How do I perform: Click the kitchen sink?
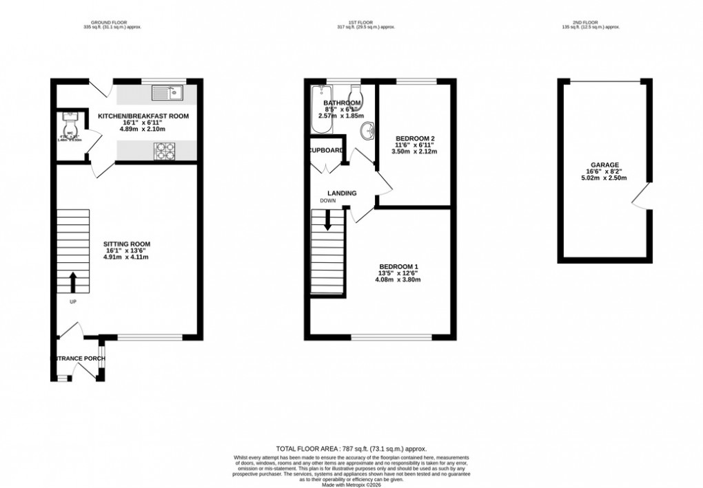(165, 91)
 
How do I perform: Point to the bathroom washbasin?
(371, 129)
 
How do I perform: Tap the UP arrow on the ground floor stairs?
(72, 282)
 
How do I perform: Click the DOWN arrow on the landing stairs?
(327, 220)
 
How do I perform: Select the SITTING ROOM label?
(127, 244)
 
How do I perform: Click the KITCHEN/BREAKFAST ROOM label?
(143, 116)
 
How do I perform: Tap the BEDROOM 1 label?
(398, 266)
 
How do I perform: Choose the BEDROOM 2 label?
(414, 138)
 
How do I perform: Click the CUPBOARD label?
(326, 150)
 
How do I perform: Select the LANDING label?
(342, 193)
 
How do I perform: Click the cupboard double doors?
(323, 167)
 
